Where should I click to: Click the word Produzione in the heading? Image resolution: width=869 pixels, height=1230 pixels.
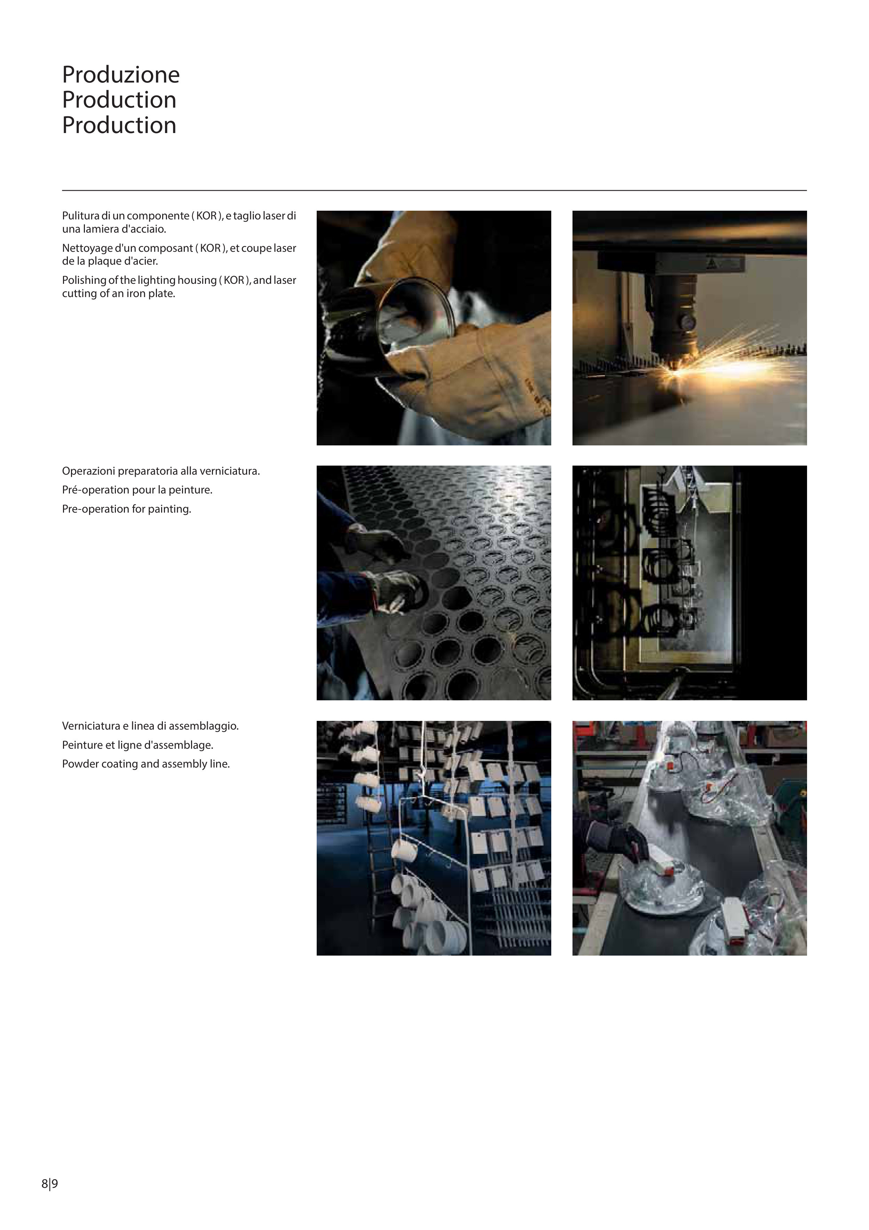tap(121, 75)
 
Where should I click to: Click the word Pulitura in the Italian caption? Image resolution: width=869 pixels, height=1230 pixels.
tap(81, 216)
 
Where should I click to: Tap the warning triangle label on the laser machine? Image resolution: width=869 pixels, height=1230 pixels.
tap(713, 264)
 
